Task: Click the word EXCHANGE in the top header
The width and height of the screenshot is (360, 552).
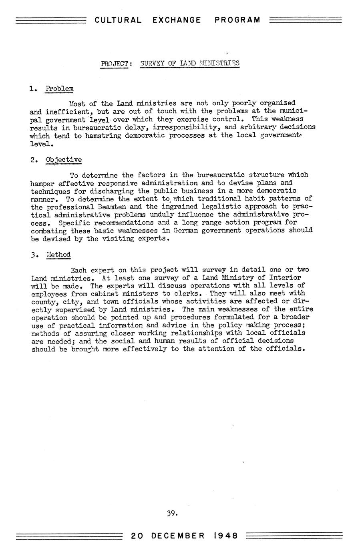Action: [177, 20]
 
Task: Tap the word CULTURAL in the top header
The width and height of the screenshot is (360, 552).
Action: [118, 20]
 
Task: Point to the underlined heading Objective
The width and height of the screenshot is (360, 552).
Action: [64, 160]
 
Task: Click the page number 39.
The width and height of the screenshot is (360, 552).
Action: [172, 513]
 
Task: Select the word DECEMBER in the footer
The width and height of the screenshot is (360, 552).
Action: [178, 536]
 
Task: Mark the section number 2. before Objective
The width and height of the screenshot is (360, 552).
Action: [34, 160]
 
